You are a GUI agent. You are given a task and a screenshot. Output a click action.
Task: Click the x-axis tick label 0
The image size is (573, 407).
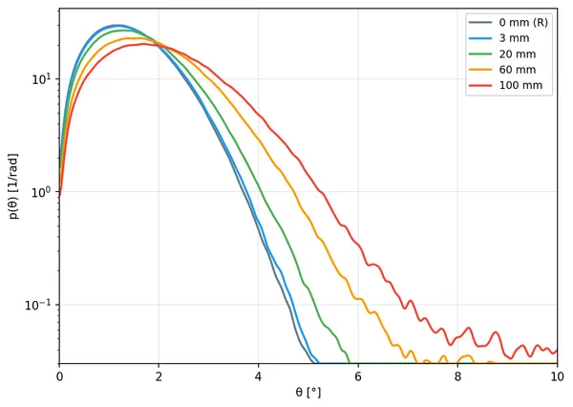coord(59,376)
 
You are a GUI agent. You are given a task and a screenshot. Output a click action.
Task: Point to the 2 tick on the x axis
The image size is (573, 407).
coord(159,376)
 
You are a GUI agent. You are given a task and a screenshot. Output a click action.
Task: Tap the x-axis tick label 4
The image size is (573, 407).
coord(258,376)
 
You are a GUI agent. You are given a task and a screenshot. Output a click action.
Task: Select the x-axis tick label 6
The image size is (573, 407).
coord(358,376)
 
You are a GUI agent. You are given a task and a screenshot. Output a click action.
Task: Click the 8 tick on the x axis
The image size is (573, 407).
coord(457,376)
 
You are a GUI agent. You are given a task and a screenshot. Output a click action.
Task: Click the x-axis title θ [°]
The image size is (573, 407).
coord(308,393)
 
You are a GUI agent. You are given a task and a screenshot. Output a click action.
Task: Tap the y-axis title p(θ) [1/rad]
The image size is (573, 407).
coord(13,186)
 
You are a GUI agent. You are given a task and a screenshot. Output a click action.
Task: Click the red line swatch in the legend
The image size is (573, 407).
coord(480,85)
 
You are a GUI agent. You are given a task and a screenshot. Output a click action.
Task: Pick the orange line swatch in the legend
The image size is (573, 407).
coord(480,70)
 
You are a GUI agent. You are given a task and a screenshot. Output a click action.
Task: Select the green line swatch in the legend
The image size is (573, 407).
coord(480,54)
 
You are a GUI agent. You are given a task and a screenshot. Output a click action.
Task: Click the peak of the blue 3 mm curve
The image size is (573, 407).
coord(117,26)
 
